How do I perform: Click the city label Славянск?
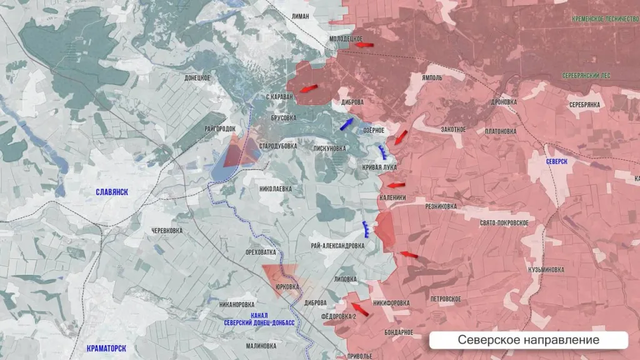111,192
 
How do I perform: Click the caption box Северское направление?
528,340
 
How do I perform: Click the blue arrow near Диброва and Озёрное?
346,123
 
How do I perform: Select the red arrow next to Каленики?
395,185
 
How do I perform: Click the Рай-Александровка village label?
337,246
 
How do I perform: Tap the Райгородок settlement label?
220,129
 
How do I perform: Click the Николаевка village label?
276,188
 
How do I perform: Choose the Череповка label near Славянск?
166,231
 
